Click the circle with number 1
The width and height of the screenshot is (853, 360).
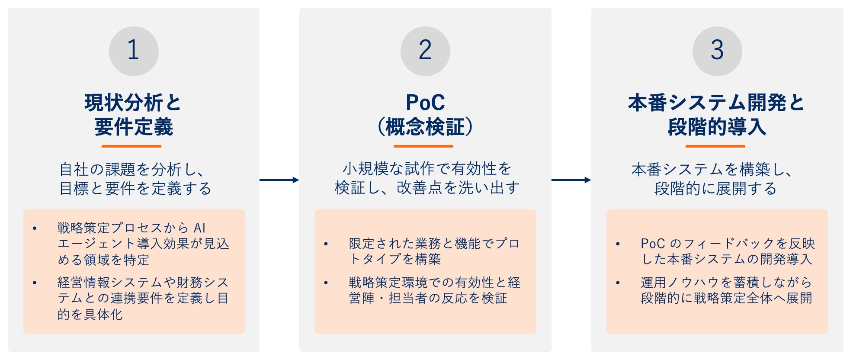[134, 51]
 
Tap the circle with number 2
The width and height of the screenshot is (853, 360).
[425, 51]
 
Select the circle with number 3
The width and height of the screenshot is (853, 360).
[717, 51]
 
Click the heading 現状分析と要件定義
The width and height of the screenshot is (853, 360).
[133, 115]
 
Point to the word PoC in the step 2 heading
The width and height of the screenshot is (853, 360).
[425, 103]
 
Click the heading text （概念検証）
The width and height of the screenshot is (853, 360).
[425, 127]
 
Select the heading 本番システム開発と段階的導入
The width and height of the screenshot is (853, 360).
[716, 115]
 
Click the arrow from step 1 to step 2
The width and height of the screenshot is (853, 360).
[279, 180]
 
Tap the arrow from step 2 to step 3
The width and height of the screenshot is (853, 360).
[571, 180]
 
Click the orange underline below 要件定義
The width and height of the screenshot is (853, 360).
[131, 146]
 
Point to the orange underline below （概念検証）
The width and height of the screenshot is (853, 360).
[423, 146]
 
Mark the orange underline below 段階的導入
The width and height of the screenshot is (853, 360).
[715, 146]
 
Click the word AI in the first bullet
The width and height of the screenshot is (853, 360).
[199, 228]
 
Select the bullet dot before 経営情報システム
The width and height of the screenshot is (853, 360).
[35, 283]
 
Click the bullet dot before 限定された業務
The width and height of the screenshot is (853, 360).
[326, 244]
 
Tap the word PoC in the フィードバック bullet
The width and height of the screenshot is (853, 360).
[652, 244]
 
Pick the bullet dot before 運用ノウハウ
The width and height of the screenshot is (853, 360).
[618, 283]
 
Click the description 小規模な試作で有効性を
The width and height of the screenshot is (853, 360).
[426, 169]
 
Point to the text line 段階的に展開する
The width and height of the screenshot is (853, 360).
[715, 189]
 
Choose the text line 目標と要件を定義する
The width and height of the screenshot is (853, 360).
[135, 189]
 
